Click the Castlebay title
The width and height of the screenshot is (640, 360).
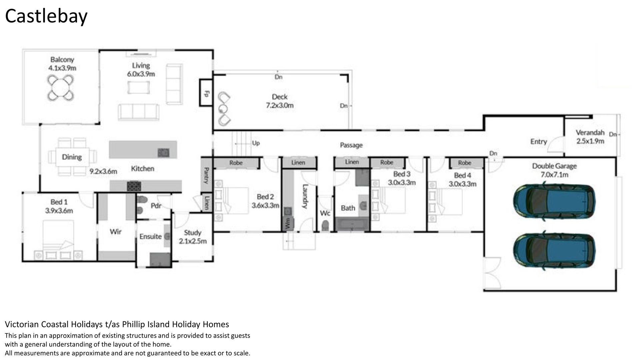[x=46, y=16]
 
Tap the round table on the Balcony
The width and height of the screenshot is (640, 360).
[x=61, y=88]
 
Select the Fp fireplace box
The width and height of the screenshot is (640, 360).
[x=206, y=93]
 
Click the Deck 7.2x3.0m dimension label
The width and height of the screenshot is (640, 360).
[x=279, y=105]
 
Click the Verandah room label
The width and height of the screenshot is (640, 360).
[x=590, y=132]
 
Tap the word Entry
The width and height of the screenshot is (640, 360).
[x=539, y=141]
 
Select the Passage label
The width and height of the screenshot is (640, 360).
[x=351, y=145]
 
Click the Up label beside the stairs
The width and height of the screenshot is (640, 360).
[x=256, y=143]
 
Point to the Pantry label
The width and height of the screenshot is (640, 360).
[x=206, y=175]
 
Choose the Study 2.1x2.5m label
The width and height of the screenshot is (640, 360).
[x=193, y=237]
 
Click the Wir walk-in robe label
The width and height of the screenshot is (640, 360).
[x=115, y=231]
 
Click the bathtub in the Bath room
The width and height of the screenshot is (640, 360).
[x=352, y=224]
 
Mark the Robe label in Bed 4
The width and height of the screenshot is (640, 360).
[x=464, y=163]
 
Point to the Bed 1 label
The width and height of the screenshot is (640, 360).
[x=59, y=202]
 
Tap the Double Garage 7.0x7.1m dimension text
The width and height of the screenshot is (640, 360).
[x=554, y=174]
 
